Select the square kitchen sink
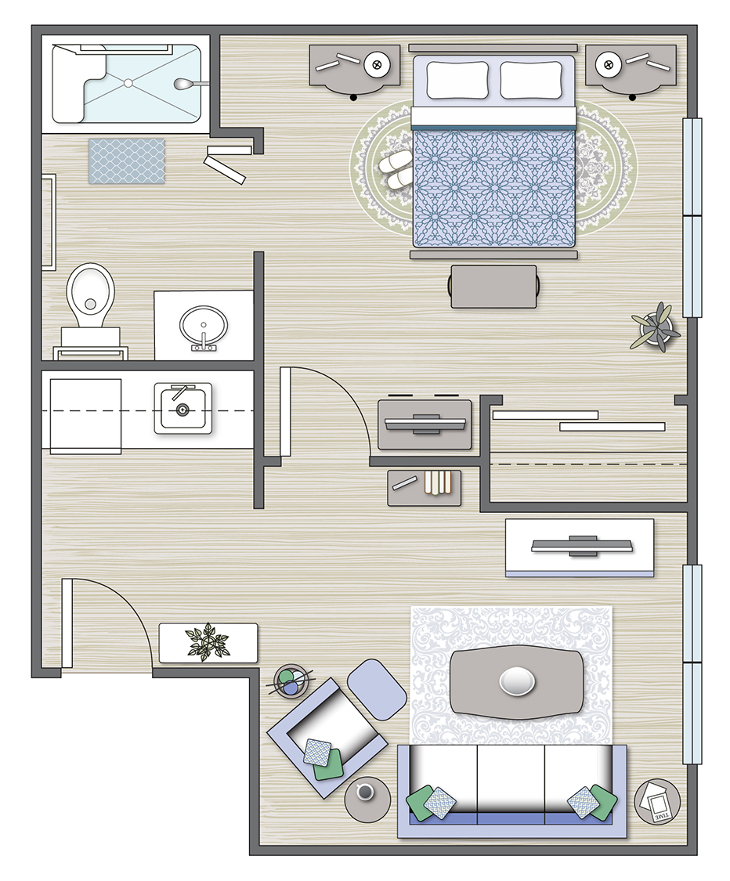pos(182,408)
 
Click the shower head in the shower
pos(185,83)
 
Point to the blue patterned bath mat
pos(127,161)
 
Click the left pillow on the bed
pos(457,80)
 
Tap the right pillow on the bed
pos(531,81)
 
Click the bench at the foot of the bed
pos(493,286)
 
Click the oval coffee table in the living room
pos(517,681)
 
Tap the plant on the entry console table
pos(208,641)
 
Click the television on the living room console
pos(580,546)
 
